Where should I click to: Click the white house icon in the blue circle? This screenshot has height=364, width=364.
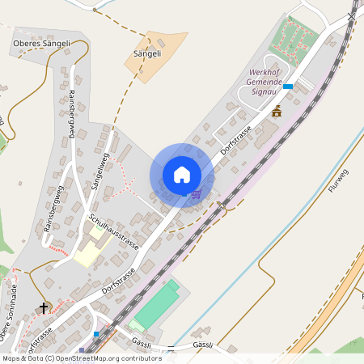tap(182, 175)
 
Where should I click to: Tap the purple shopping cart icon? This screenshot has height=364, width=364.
tap(196, 194)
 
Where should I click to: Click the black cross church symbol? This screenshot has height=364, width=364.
tap(44, 307)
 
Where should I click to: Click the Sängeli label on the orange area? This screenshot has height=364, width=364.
tap(147, 53)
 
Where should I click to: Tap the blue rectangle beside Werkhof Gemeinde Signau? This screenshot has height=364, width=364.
tap(287, 87)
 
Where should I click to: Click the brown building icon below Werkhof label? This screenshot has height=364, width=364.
tap(277, 111)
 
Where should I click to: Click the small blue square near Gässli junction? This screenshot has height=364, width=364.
tap(96, 333)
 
